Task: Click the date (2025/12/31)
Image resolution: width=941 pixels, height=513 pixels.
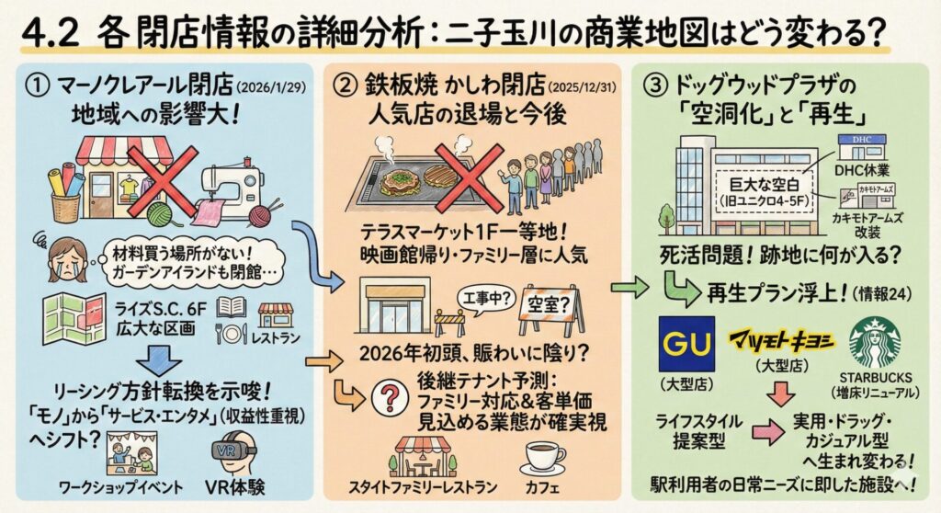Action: [x=580, y=89]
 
